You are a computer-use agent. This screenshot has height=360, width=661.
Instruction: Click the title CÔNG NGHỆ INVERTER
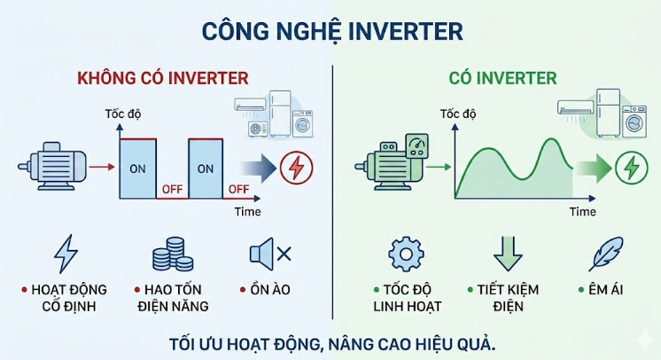click(332, 31)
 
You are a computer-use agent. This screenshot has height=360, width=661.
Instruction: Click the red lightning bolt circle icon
click(295, 166)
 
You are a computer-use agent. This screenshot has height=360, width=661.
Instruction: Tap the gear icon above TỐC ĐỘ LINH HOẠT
click(407, 254)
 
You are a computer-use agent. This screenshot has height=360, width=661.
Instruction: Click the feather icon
click(605, 254)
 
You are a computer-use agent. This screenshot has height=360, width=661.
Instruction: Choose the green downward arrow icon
click(508, 254)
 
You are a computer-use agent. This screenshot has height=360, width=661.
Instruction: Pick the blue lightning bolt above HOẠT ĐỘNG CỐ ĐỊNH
click(66, 254)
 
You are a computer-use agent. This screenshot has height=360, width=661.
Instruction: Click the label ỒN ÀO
click(269, 290)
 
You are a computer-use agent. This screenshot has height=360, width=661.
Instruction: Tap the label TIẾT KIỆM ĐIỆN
click(509, 298)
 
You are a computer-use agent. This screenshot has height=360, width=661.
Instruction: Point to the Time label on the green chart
click(582, 212)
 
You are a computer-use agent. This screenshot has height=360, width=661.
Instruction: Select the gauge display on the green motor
click(415, 146)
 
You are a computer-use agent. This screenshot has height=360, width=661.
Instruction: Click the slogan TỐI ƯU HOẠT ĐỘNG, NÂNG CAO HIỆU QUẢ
click(331, 343)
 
